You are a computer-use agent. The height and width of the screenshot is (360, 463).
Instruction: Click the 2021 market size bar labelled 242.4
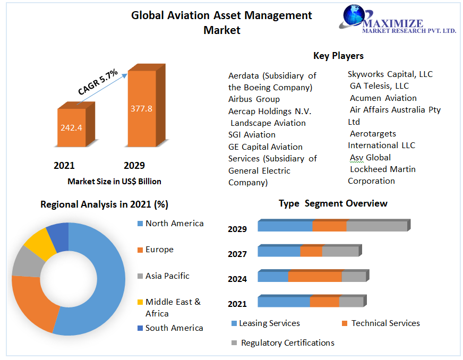(71, 127)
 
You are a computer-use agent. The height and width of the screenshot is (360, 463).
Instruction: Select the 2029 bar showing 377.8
(141, 108)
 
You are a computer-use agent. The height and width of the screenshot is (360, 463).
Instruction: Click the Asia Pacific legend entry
(167, 276)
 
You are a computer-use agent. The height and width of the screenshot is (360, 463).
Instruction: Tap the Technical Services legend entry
(385, 323)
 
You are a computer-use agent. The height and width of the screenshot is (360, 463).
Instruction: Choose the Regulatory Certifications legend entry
(287, 343)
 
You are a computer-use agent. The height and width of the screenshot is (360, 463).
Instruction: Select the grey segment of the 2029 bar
(376, 226)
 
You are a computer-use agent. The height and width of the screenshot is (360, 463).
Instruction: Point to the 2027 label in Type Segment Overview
(237, 254)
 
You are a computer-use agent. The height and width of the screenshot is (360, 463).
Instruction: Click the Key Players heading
(338, 56)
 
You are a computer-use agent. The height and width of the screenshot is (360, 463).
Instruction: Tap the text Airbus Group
(254, 99)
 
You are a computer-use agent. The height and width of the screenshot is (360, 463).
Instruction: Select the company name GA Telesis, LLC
(379, 86)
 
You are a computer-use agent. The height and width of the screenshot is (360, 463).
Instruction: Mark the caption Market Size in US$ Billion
(114, 182)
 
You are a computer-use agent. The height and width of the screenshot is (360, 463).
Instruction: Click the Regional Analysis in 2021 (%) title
(104, 204)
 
